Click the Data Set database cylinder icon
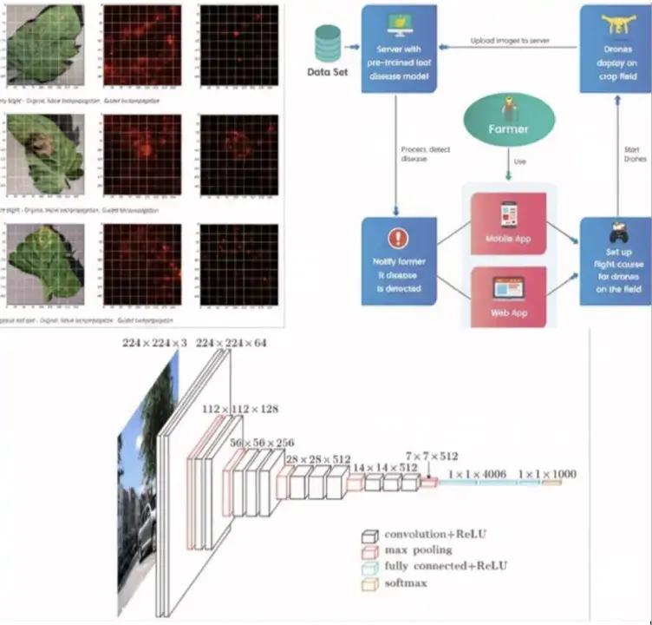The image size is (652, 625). pos(329,41)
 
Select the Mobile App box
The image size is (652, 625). pos(507,224)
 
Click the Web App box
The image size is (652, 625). pos(507,296)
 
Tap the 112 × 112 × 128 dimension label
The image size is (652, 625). pos(227,408)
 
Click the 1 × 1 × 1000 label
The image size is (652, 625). pos(546,474)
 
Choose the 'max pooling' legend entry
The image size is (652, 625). pos(418,549)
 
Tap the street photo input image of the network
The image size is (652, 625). pos(139,486)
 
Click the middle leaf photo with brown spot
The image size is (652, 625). pos(45,155)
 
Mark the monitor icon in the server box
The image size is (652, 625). pos(399,19)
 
